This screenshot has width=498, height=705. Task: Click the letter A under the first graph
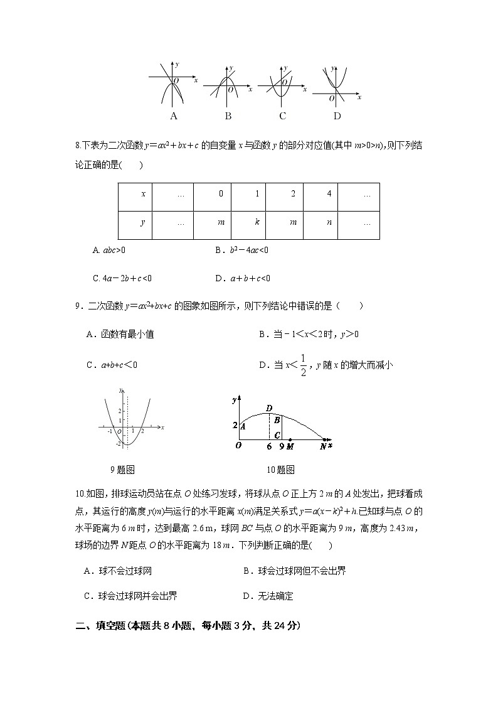(x=174, y=116)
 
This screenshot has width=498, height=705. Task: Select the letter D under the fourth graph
(x=337, y=116)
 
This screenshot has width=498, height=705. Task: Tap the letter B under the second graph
(x=228, y=116)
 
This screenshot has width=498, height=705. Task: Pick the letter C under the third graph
(x=283, y=116)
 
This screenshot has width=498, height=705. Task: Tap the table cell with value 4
(x=329, y=194)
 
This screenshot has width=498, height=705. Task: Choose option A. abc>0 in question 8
(x=109, y=250)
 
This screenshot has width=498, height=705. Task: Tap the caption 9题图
(x=122, y=470)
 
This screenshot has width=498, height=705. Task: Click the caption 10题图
(x=280, y=470)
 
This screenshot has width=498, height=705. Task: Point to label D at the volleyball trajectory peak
(x=269, y=409)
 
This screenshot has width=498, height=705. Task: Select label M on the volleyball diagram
(x=290, y=446)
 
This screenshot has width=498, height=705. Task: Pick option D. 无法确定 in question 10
(x=268, y=596)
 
